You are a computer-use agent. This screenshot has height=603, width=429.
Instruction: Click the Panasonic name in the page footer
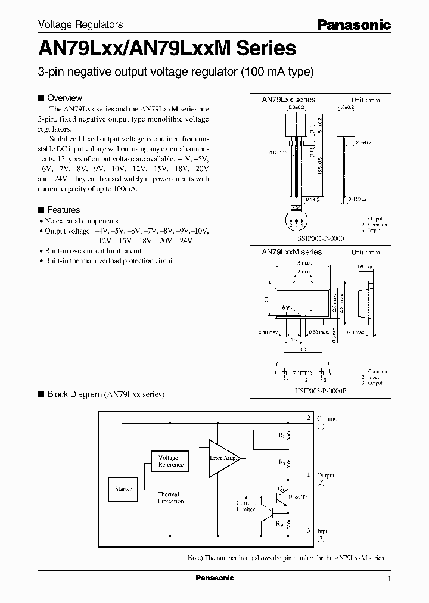(x=215, y=578)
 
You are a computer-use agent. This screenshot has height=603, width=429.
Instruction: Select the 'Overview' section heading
(x=64, y=98)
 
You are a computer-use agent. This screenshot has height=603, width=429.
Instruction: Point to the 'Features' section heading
(x=63, y=210)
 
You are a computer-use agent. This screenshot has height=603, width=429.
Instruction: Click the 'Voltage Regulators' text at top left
(x=80, y=24)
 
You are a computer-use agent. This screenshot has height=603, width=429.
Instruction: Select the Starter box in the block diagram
(x=123, y=488)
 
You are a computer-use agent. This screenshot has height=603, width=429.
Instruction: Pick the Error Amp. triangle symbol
(x=223, y=458)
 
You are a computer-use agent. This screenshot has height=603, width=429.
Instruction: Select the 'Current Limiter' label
(x=245, y=506)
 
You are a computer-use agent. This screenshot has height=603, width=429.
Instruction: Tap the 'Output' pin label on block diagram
(x=325, y=475)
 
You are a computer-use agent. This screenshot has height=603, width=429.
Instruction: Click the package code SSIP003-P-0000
(x=319, y=238)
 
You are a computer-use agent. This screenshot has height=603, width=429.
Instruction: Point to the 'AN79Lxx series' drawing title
(x=288, y=100)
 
